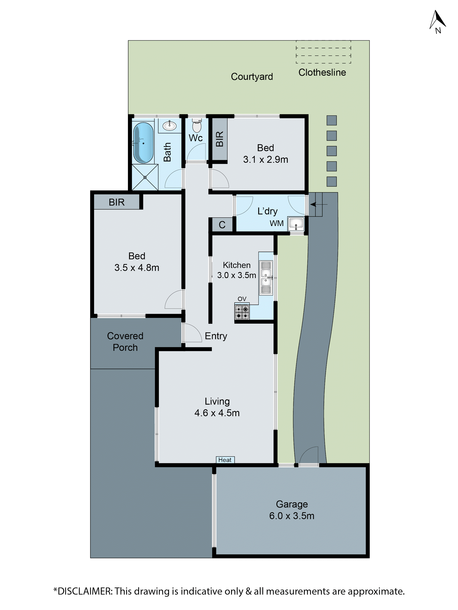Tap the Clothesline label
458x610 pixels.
coord(322,72)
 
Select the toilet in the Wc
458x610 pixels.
coord(197,126)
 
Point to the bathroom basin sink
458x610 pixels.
coord(169,126)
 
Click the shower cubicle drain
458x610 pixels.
coord(145,177)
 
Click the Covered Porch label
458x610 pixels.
coord(125,341)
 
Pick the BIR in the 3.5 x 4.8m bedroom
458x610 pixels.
coord(116,202)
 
